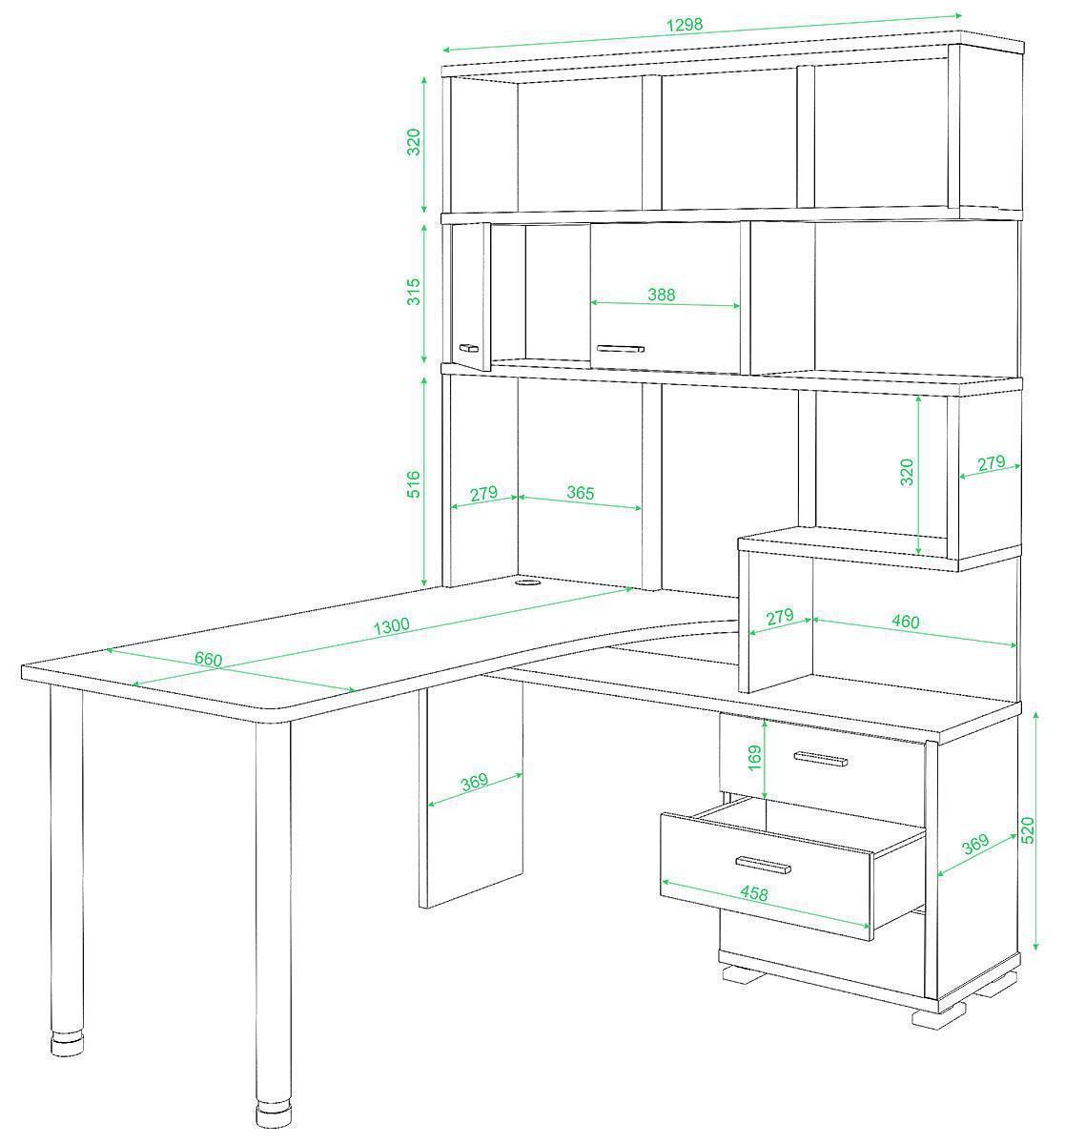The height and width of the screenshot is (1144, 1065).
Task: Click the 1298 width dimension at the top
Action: point(685,24)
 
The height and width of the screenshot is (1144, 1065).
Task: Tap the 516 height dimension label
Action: point(414,484)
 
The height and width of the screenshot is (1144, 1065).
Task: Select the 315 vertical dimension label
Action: point(414,292)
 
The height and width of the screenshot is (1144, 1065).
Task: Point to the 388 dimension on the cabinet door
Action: point(661,295)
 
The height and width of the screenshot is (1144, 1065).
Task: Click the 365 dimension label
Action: point(581,493)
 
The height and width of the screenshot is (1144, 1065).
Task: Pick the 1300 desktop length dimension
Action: point(391,626)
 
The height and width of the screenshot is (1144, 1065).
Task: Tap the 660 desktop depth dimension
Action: point(208,659)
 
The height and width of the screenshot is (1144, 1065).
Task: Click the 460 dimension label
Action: point(906,621)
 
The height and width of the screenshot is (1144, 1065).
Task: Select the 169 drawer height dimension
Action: point(754,758)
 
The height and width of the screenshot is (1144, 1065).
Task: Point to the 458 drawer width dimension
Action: point(754,893)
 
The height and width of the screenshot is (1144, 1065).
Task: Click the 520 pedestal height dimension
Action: point(1028,830)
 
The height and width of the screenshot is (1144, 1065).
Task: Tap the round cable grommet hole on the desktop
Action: point(526,583)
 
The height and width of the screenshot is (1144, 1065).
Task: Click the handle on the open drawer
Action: point(763,866)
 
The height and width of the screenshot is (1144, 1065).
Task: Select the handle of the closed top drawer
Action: point(821,759)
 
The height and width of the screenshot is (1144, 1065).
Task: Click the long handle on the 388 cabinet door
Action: point(620,349)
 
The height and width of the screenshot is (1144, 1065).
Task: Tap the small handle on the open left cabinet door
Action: point(468,348)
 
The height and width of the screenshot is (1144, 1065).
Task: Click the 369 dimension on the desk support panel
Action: point(474,782)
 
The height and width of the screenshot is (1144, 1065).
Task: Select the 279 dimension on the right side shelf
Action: point(992,462)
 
